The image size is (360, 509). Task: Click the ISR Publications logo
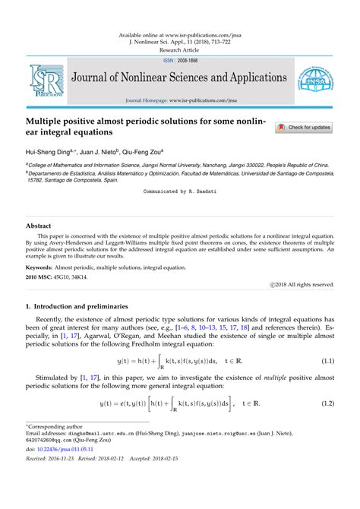click(x=45, y=81)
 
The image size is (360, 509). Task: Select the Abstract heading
click(x=39, y=226)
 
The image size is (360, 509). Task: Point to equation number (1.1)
click(x=328, y=361)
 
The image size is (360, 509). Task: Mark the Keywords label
click(x=43, y=268)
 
